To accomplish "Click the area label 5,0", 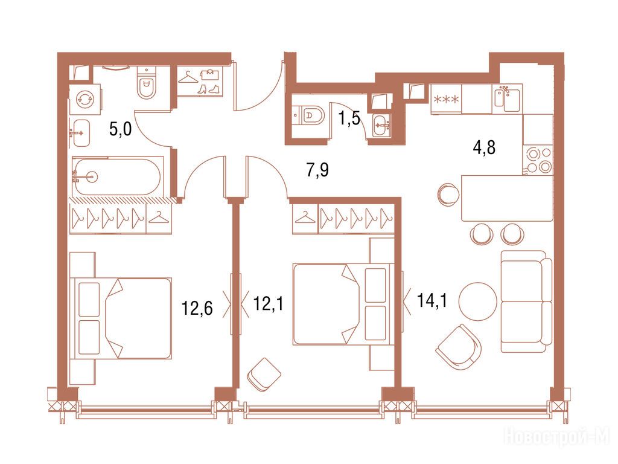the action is coord(120,129).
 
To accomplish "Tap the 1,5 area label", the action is coord(350,118).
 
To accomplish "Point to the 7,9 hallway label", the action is coord(317,170).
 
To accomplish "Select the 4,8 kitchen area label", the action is coord(484,147).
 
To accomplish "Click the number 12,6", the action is coord(197,308).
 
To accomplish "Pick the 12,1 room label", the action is coord(268,304).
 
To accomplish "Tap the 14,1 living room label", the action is coord(432,301).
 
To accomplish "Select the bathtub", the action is coord(117,176).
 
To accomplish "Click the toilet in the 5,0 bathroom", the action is coord(147,83).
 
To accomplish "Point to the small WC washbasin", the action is coord(381,126).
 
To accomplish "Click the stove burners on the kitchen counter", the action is coord(538,159).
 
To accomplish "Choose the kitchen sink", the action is coord(507,98).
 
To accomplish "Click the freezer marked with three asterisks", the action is coord(446,99).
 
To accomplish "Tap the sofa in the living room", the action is coord(526,301).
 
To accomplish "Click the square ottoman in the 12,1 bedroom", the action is coord(264,375).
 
